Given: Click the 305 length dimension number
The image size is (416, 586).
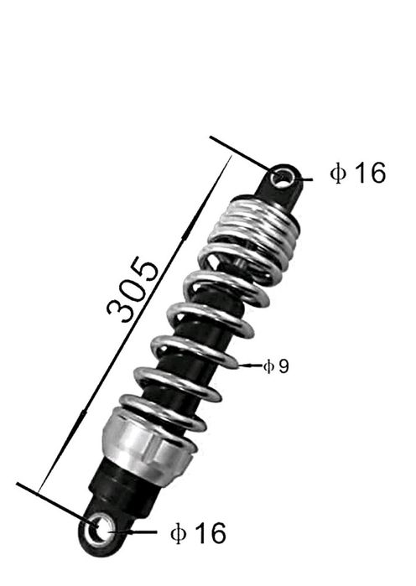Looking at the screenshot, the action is click(x=133, y=289).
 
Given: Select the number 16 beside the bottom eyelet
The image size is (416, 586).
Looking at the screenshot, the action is click(x=211, y=532).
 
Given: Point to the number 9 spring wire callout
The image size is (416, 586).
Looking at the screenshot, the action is click(x=283, y=366).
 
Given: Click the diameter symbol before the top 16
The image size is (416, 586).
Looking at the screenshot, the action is click(x=338, y=173).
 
